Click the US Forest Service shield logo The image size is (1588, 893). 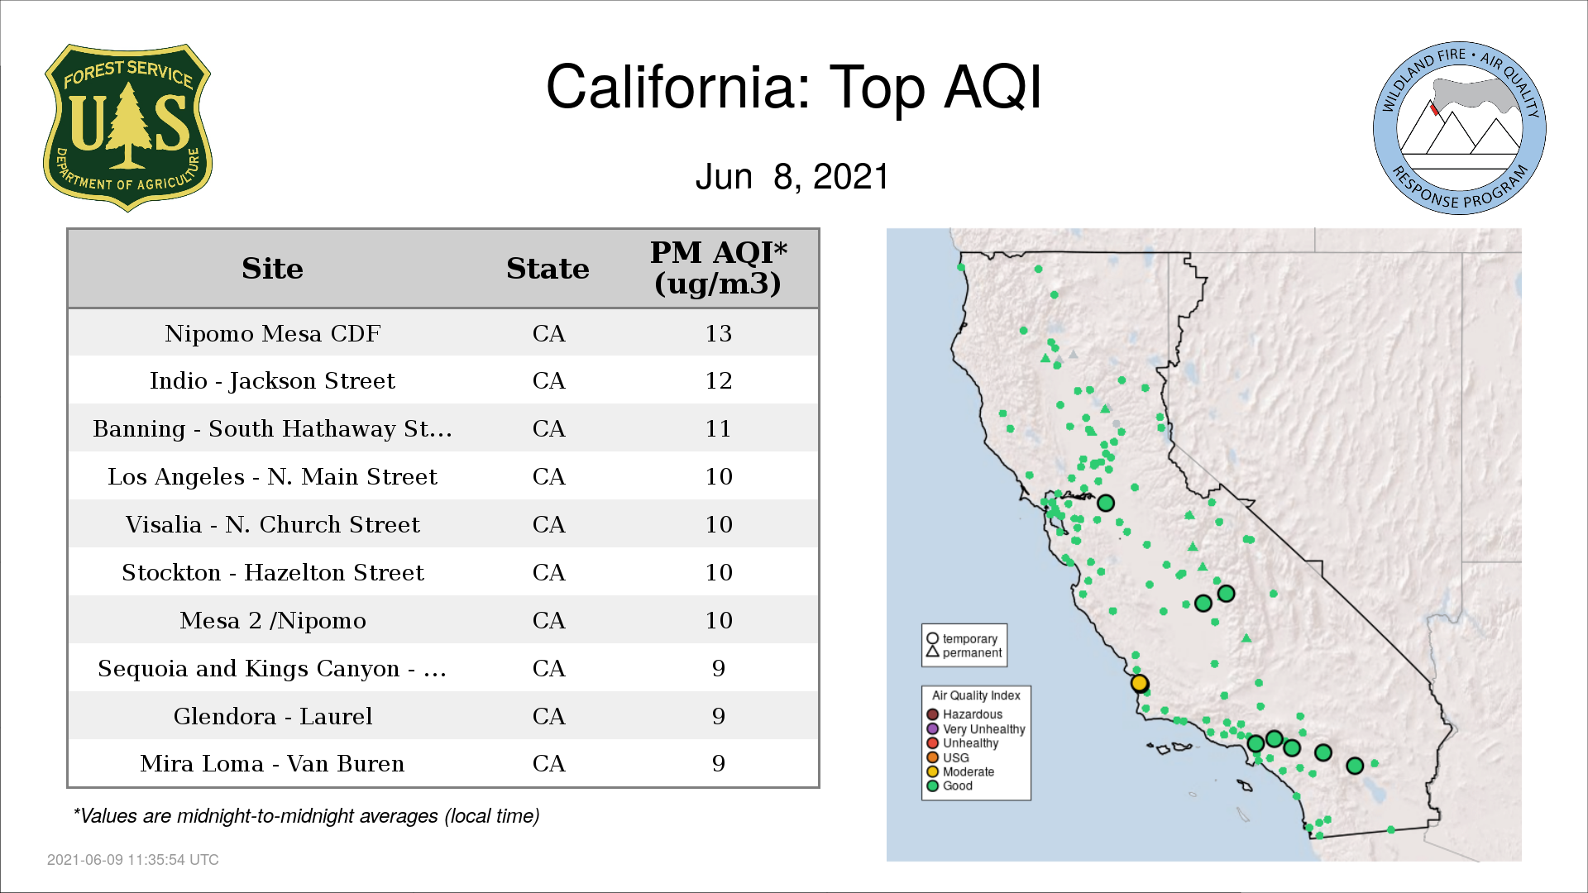(x=127, y=127)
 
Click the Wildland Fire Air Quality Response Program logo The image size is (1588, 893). (x=1460, y=128)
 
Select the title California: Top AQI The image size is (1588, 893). (x=793, y=87)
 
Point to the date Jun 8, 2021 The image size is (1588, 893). (x=792, y=177)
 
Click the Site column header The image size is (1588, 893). (x=272, y=269)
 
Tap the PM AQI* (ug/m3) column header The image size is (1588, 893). (x=718, y=268)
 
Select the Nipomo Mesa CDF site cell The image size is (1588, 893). (x=272, y=333)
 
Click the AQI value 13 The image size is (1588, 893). (x=718, y=333)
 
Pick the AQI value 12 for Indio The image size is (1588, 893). (x=718, y=381)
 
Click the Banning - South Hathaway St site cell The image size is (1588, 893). (x=272, y=429)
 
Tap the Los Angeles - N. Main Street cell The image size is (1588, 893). (x=272, y=477)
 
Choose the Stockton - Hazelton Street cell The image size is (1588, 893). (x=272, y=573)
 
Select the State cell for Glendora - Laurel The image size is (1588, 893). (x=548, y=716)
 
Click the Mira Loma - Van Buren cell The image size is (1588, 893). (x=272, y=764)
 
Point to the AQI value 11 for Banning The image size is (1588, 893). (x=718, y=429)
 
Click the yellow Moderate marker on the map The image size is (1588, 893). (x=1139, y=683)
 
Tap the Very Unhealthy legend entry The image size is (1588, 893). (x=976, y=729)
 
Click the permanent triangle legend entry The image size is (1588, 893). (x=964, y=652)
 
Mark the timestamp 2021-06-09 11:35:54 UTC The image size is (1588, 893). (x=133, y=860)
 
